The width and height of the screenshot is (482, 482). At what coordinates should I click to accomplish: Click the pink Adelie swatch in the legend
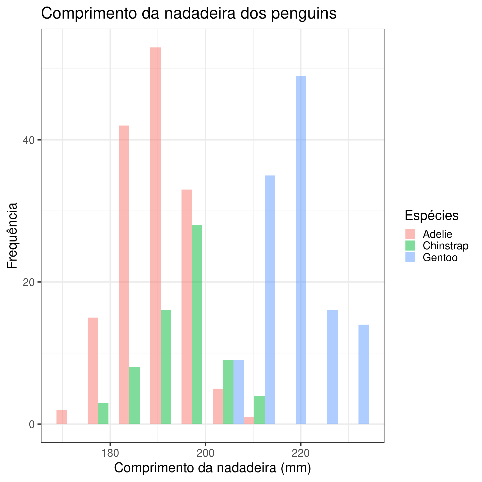click(x=410, y=234)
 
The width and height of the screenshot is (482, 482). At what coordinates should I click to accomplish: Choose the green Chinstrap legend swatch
click(x=410, y=246)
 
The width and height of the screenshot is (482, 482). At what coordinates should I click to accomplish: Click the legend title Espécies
click(x=432, y=215)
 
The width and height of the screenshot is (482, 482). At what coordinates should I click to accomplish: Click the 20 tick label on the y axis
click(x=28, y=282)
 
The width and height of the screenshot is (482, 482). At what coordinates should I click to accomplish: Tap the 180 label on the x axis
click(x=110, y=454)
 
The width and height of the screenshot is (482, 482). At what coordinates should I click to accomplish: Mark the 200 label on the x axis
click(x=206, y=454)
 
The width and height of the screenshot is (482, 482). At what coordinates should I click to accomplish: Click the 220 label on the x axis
click(x=301, y=454)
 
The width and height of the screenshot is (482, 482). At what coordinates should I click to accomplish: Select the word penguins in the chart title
click(x=304, y=14)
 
